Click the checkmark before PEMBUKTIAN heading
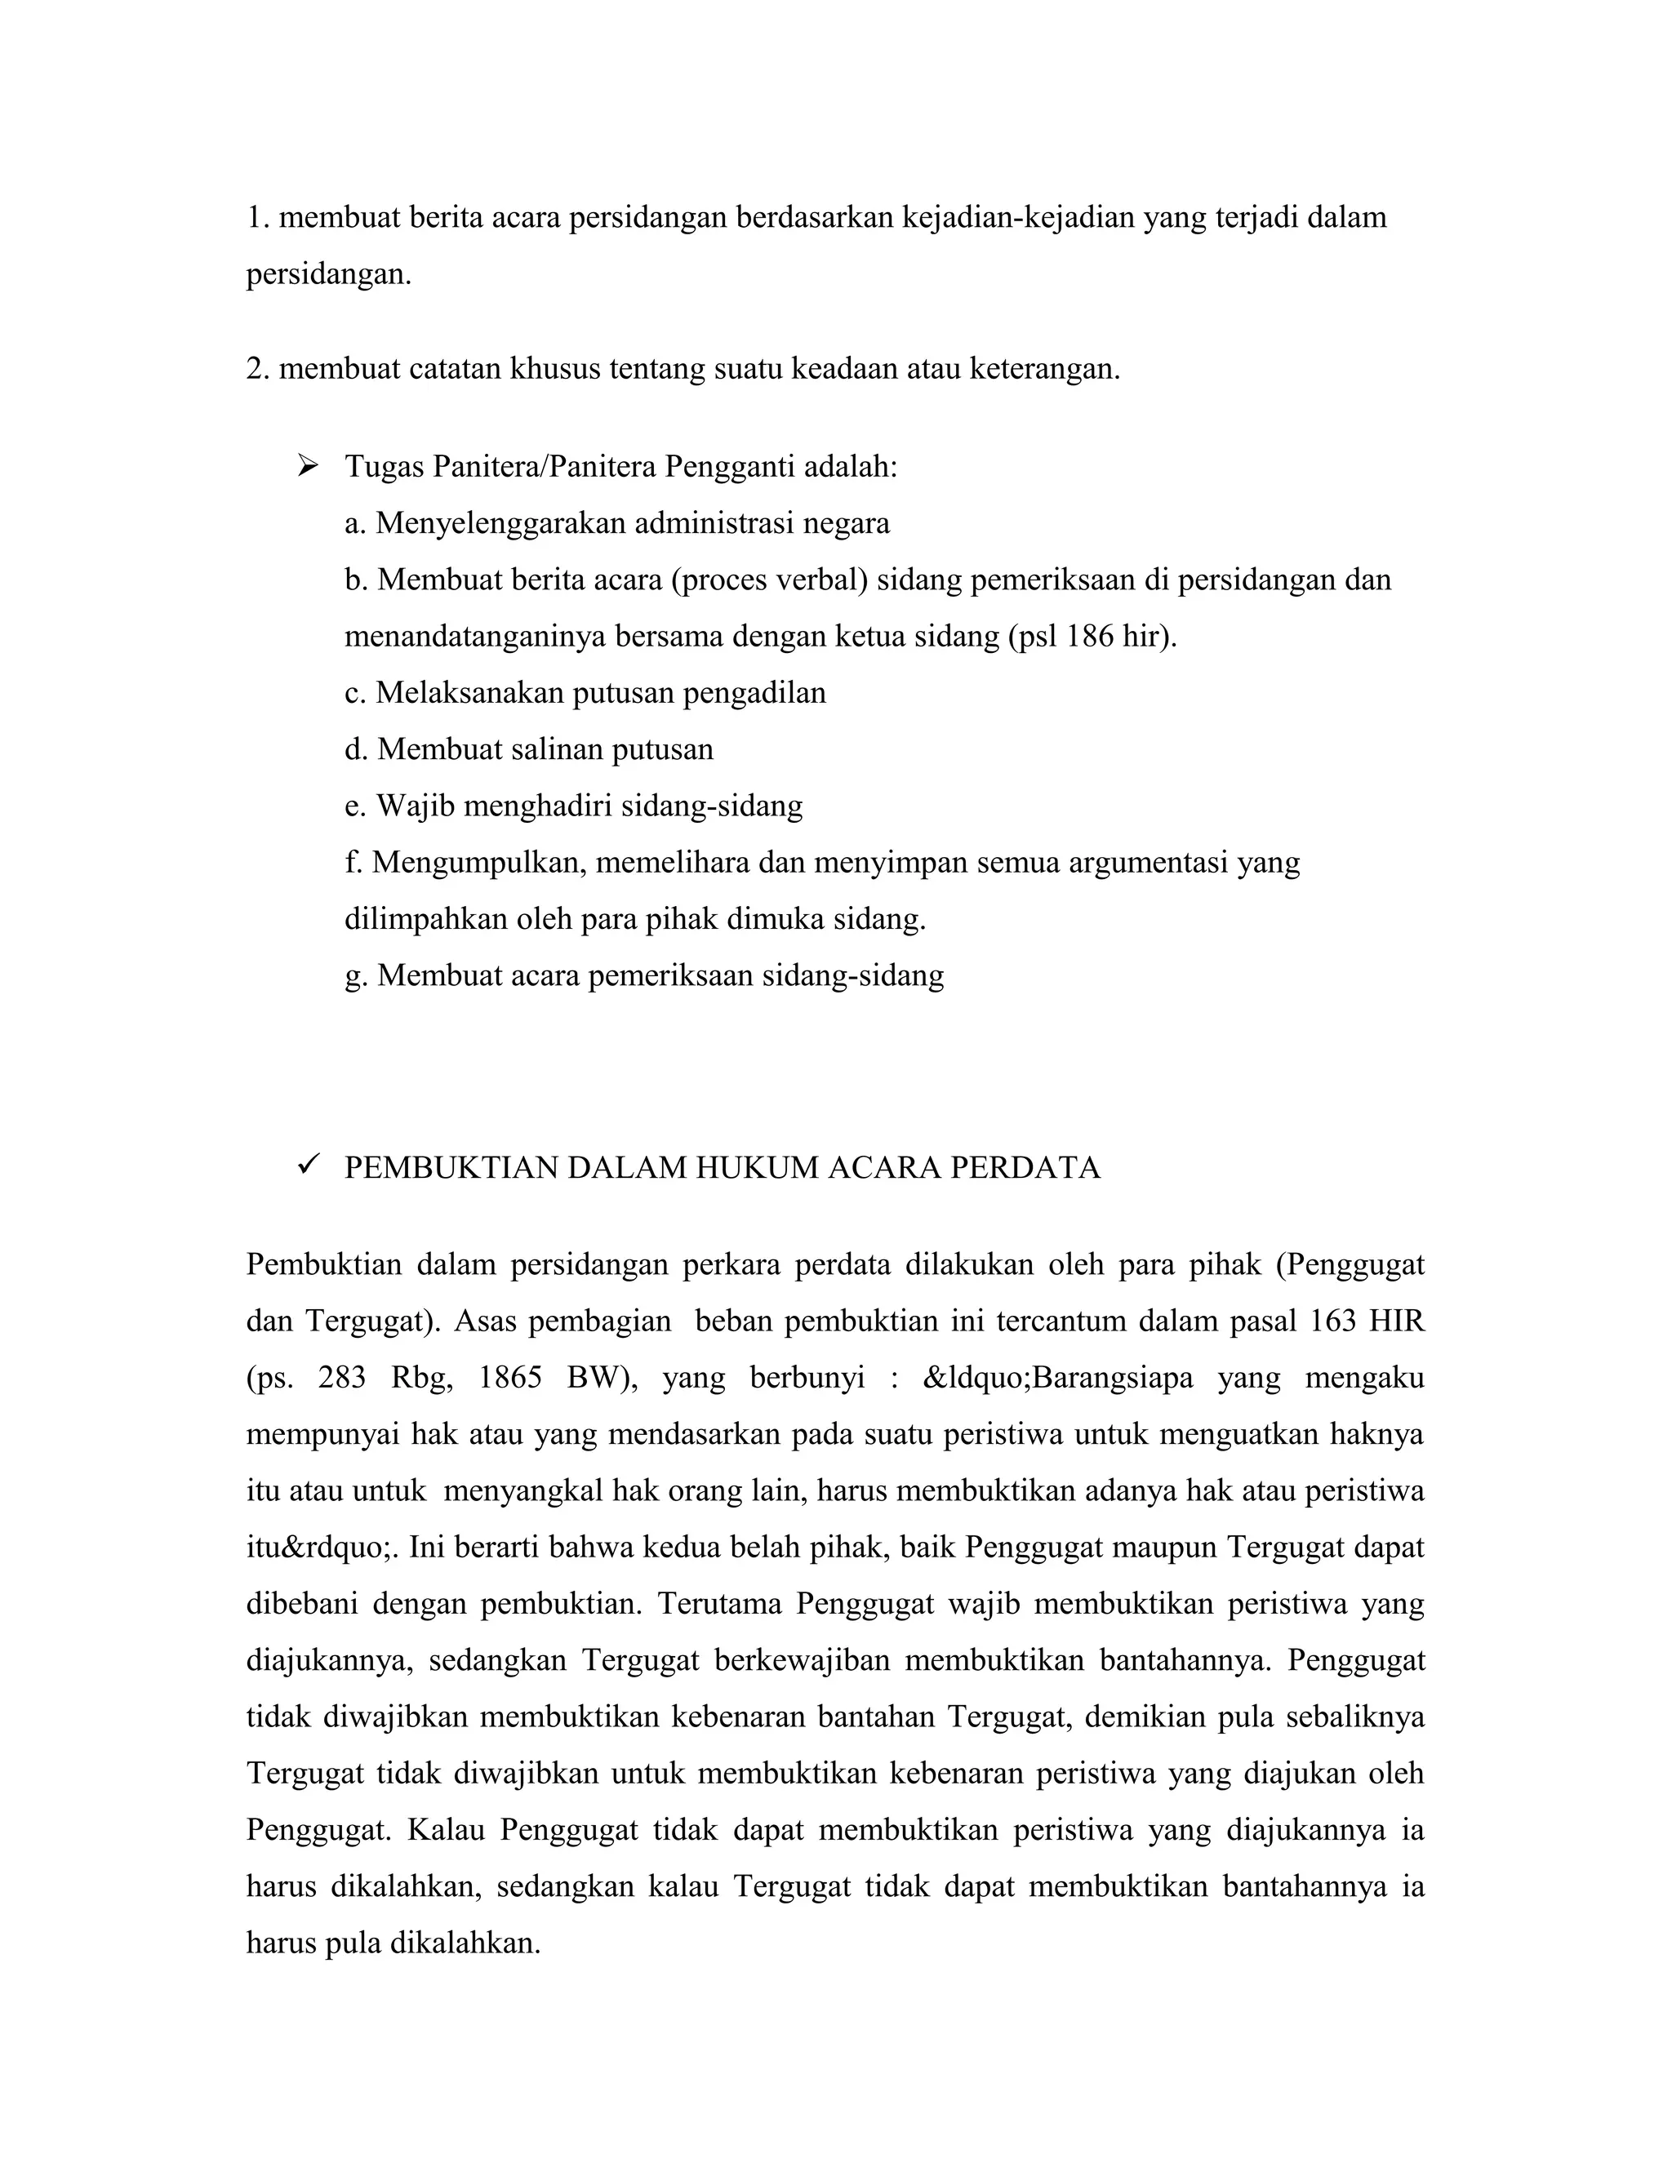tap(306, 1166)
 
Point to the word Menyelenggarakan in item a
tap(500, 523)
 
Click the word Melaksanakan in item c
tap(469, 692)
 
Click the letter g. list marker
tap(356, 976)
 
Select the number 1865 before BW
tap(509, 1378)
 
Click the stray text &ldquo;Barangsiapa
tap(1057, 1378)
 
